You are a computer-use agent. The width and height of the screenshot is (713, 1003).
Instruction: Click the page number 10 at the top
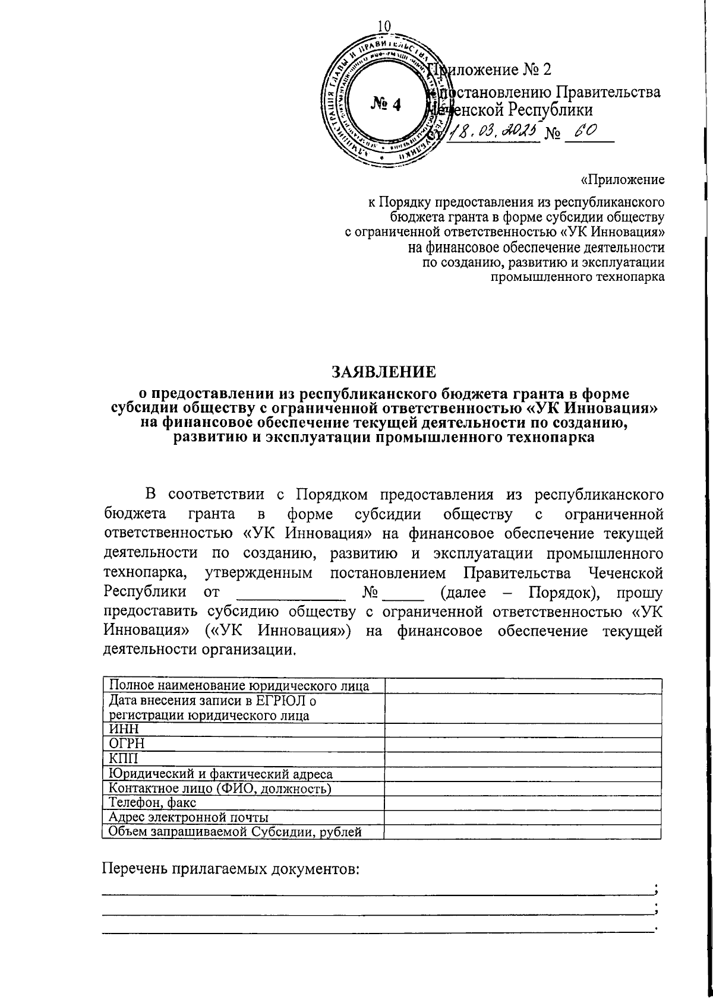coord(384,26)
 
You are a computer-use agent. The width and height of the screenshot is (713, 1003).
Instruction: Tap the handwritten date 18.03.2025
coord(493,130)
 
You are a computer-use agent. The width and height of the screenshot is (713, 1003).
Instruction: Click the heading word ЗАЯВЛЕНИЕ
coord(383,372)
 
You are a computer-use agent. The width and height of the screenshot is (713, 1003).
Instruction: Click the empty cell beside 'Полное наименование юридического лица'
coord(522,686)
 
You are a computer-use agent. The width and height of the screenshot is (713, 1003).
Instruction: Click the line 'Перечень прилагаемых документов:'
coord(231,869)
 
